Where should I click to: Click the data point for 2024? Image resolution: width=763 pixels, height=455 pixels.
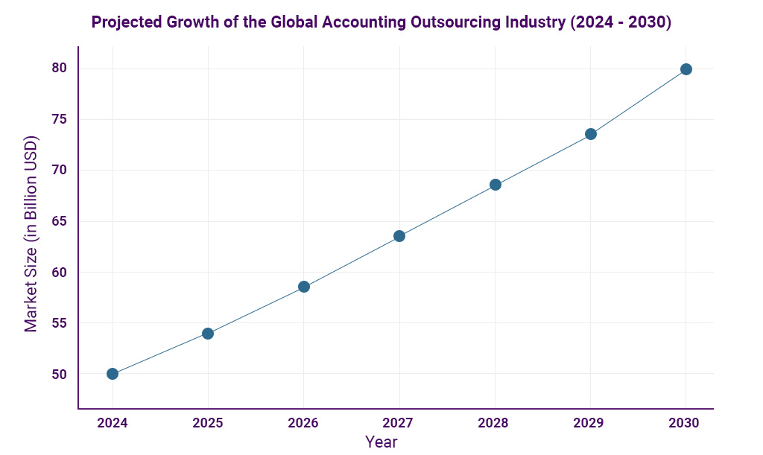(x=113, y=374)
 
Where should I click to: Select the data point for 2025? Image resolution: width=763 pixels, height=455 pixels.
(x=208, y=334)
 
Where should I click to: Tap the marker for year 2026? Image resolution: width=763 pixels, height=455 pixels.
(x=304, y=287)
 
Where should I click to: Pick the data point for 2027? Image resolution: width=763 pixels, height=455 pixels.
(x=399, y=236)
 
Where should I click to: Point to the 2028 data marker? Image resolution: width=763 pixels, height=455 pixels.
(x=496, y=185)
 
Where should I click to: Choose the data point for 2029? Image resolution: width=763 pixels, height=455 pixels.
(x=591, y=134)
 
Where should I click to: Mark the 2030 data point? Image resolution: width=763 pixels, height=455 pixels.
(x=686, y=69)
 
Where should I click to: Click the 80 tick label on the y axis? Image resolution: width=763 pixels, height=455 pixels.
(x=60, y=69)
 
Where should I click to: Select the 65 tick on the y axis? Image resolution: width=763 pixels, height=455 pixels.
(x=60, y=221)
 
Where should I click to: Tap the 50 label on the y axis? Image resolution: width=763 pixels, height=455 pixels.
(x=60, y=374)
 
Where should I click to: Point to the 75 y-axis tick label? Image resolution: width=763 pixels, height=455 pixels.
(x=60, y=119)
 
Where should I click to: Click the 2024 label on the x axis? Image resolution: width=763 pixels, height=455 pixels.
(x=113, y=423)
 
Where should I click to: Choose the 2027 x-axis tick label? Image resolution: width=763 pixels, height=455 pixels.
(x=399, y=423)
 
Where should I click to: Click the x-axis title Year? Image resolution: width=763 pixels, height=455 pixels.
(x=381, y=442)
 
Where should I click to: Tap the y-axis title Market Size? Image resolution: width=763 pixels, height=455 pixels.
(x=31, y=234)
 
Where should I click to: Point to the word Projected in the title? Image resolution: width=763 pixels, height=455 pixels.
(x=124, y=22)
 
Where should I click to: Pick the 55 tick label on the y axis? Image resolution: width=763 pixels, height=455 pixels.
(x=60, y=323)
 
